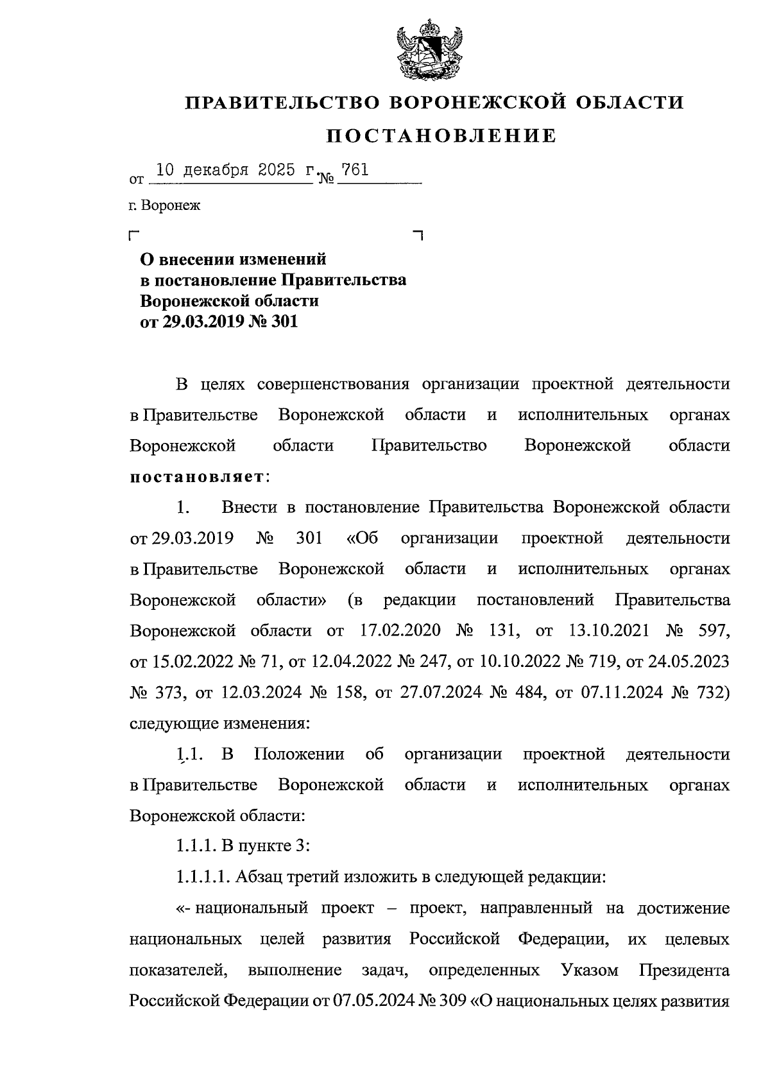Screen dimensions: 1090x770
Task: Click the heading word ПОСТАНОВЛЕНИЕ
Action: click(x=442, y=136)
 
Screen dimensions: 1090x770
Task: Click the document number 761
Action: click(x=355, y=170)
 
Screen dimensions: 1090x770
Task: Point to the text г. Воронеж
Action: click(x=164, y=206)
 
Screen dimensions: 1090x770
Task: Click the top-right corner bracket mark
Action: click(x=418, y=236)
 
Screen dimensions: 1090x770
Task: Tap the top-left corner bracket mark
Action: click(x=133, y=236)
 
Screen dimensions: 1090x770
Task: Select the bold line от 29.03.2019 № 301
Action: click(x=219, y=322)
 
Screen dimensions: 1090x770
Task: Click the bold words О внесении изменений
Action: click(x=234, y=259)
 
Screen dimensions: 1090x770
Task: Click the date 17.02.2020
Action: click(x=396, y=630)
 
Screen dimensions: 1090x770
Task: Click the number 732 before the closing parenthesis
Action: click(x=708, y=692)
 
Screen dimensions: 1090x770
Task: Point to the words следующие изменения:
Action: click(x=220, y=723)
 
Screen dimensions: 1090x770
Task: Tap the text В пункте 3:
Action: click(x=266, y=846)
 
